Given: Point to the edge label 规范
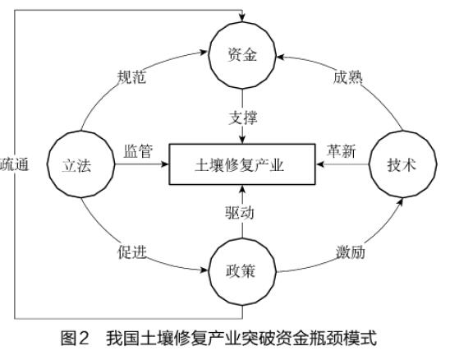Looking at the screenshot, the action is pos(131,77).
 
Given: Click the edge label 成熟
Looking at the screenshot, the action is pos(347,77).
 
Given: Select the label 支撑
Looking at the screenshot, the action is pos(243,118).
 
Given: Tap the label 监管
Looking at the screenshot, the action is pos(138,151).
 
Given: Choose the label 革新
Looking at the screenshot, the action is pos(342,151).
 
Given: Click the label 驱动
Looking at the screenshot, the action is pos(239,213).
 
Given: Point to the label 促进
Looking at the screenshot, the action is pos(131,252).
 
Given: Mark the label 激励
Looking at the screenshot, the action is pos(351,252).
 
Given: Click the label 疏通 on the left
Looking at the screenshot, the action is pos(14,164).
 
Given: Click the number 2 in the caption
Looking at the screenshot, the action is pos(83,338).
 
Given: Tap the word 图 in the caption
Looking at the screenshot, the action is pos(67,338).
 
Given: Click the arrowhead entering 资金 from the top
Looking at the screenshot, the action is pos(242,17).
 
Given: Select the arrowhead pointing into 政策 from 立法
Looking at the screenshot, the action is pos(204,270).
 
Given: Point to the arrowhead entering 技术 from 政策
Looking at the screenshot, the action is pos(401,201).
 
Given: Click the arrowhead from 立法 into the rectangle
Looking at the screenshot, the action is pos(165,164).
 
